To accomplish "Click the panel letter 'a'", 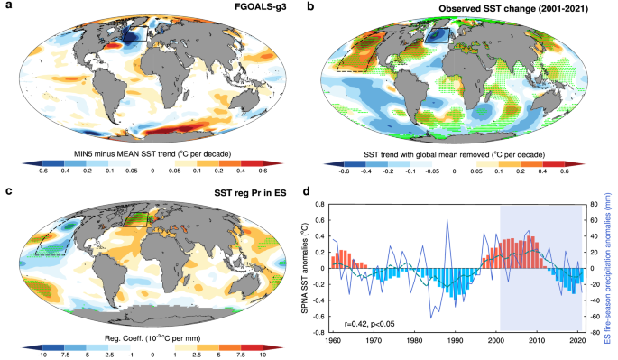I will point(7,7).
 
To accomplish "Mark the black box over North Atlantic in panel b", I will point(437,35).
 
